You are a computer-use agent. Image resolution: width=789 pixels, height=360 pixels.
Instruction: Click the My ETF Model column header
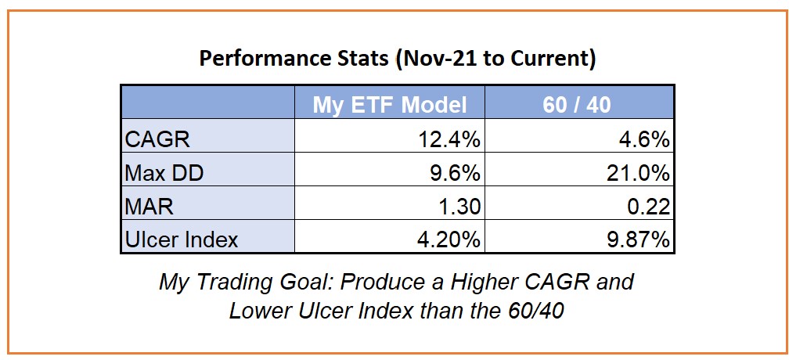pos(390,105)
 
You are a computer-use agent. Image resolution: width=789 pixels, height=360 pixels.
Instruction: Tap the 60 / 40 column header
pos(577,105)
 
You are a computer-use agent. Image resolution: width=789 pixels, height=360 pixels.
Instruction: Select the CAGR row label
pos(157,139)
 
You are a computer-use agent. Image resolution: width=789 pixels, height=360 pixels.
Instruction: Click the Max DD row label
pos(164,173)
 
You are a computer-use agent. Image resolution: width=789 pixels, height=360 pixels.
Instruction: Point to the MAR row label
pos(148,207)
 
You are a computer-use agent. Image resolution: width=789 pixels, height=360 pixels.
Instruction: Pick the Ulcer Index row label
pos(181,239)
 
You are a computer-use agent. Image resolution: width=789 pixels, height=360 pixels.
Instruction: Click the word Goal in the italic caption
pos(308,282)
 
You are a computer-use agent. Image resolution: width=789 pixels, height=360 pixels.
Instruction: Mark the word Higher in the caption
pos(484,282)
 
